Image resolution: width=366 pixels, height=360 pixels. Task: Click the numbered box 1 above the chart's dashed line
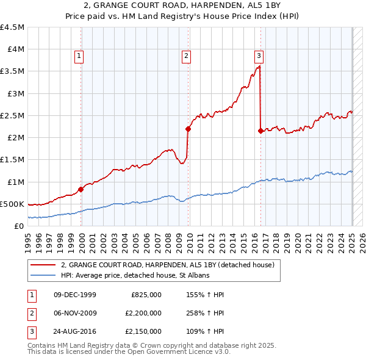[79, 56]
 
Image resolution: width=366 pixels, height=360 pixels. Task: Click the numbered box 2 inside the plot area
[186, 56]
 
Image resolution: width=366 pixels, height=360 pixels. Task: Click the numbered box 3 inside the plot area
[259, 56]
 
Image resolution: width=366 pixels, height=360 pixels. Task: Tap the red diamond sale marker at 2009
[188, 129]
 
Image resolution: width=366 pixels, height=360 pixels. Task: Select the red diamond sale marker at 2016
[261, 131]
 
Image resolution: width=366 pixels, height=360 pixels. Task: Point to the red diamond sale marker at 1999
[81, 189]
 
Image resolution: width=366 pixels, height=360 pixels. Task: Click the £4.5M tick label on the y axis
[12, 27]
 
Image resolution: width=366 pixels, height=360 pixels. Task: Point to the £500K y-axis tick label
[12, 204]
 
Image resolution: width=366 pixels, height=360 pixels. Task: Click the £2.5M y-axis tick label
[12, 115]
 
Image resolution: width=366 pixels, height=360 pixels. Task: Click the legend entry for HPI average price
[135, 275]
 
